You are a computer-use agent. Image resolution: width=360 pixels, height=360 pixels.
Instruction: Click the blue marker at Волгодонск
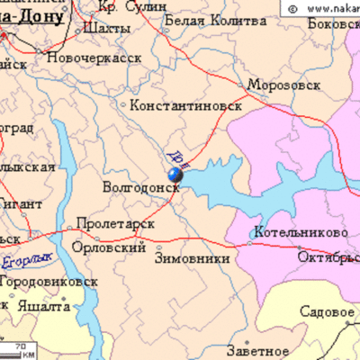[175, 176]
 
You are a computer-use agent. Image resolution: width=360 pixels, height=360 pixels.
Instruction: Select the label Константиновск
[186, 105]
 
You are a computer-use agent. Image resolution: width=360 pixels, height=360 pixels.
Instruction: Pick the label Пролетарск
[115, 222]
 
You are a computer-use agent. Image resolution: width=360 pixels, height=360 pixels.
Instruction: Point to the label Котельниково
[301, 232]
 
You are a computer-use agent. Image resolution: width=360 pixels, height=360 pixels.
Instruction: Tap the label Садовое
[326, 312]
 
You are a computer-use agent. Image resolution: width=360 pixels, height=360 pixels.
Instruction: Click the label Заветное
[258, 350]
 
